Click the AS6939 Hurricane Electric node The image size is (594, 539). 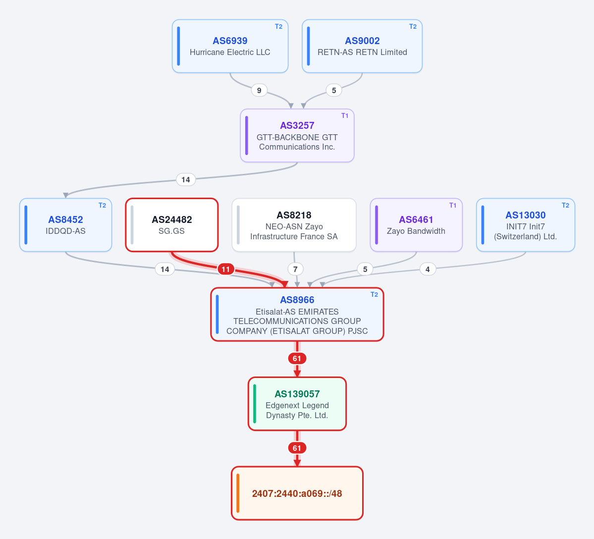pos(230,46)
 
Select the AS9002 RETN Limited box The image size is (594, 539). pos(362,46)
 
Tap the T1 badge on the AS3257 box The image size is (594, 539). pos(345,116)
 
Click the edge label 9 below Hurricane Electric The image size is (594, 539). pos(259,91)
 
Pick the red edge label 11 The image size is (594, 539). pos(226,269)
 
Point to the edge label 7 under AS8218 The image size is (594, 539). pos(295,269)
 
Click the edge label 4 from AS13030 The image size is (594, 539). pos(428,269)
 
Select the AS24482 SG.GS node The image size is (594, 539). pos(171,225)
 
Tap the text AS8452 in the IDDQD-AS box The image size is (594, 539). pos(65,219)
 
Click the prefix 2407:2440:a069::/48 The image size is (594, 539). pos(297,493)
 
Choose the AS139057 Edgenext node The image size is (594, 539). pos(297,404)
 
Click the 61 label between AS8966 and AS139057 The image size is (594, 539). pos(297,359)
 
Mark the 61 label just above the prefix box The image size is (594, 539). pos(297,448)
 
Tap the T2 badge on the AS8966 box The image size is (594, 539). pos(374,295)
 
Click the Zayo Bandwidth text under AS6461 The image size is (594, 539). pos(416,231)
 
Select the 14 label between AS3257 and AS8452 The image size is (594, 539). pos(186,179)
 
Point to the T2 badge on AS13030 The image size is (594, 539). pos(566,205)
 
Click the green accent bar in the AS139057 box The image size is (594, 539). pos(255,404)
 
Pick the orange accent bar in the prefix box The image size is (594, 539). pos(238,493)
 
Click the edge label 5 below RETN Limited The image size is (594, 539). pos(334,91)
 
